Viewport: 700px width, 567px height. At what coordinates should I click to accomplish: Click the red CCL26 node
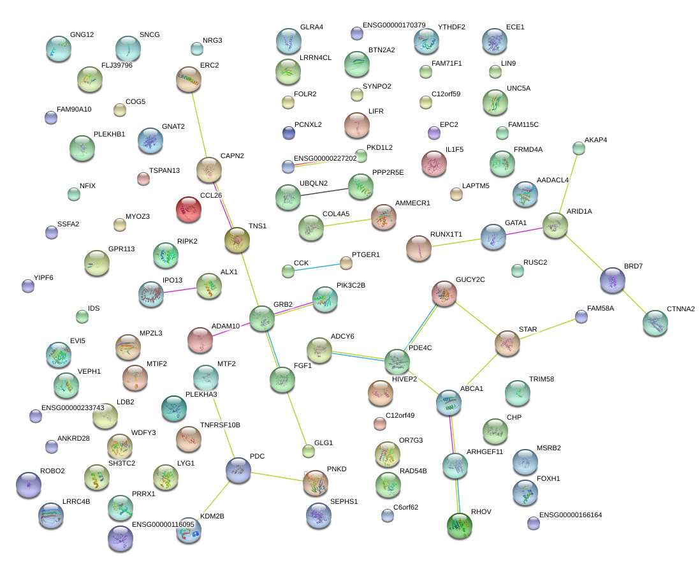(x=189, y=209)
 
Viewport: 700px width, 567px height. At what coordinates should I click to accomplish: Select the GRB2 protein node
(x=261, y=318)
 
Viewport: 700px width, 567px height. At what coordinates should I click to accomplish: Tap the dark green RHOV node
(x=460, y=526)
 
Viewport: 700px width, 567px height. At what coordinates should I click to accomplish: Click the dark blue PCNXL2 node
(x=289, y=133)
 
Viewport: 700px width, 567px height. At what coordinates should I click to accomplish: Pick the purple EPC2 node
(x=434, y=133)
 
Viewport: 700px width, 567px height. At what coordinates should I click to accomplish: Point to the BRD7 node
(x=613, y=280)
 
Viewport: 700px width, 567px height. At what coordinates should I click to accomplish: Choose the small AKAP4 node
(x=579, y=148)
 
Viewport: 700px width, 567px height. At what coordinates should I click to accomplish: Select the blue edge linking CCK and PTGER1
(x=317, y=267)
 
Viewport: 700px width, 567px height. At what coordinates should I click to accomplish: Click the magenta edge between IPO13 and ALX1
(x=180, y=290)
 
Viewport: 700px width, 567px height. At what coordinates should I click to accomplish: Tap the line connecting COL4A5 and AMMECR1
(x=347, y=222)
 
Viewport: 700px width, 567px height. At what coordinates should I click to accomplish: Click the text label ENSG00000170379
(x=394, y=25)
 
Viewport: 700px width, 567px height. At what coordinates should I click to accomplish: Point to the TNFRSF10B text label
(x=220, y=425)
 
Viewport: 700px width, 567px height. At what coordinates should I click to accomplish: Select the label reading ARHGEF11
(x=485, y=452)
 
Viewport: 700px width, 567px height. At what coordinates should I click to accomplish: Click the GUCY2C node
(x=444, y=293)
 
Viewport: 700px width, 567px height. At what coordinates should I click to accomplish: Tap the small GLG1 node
(x=309, y=451)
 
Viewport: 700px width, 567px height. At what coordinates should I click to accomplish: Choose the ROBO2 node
(x=29, y=485)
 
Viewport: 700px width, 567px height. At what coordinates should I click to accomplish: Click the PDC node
(x=238, y=470)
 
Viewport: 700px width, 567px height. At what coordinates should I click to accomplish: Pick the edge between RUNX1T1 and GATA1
(x=456, y=243)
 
